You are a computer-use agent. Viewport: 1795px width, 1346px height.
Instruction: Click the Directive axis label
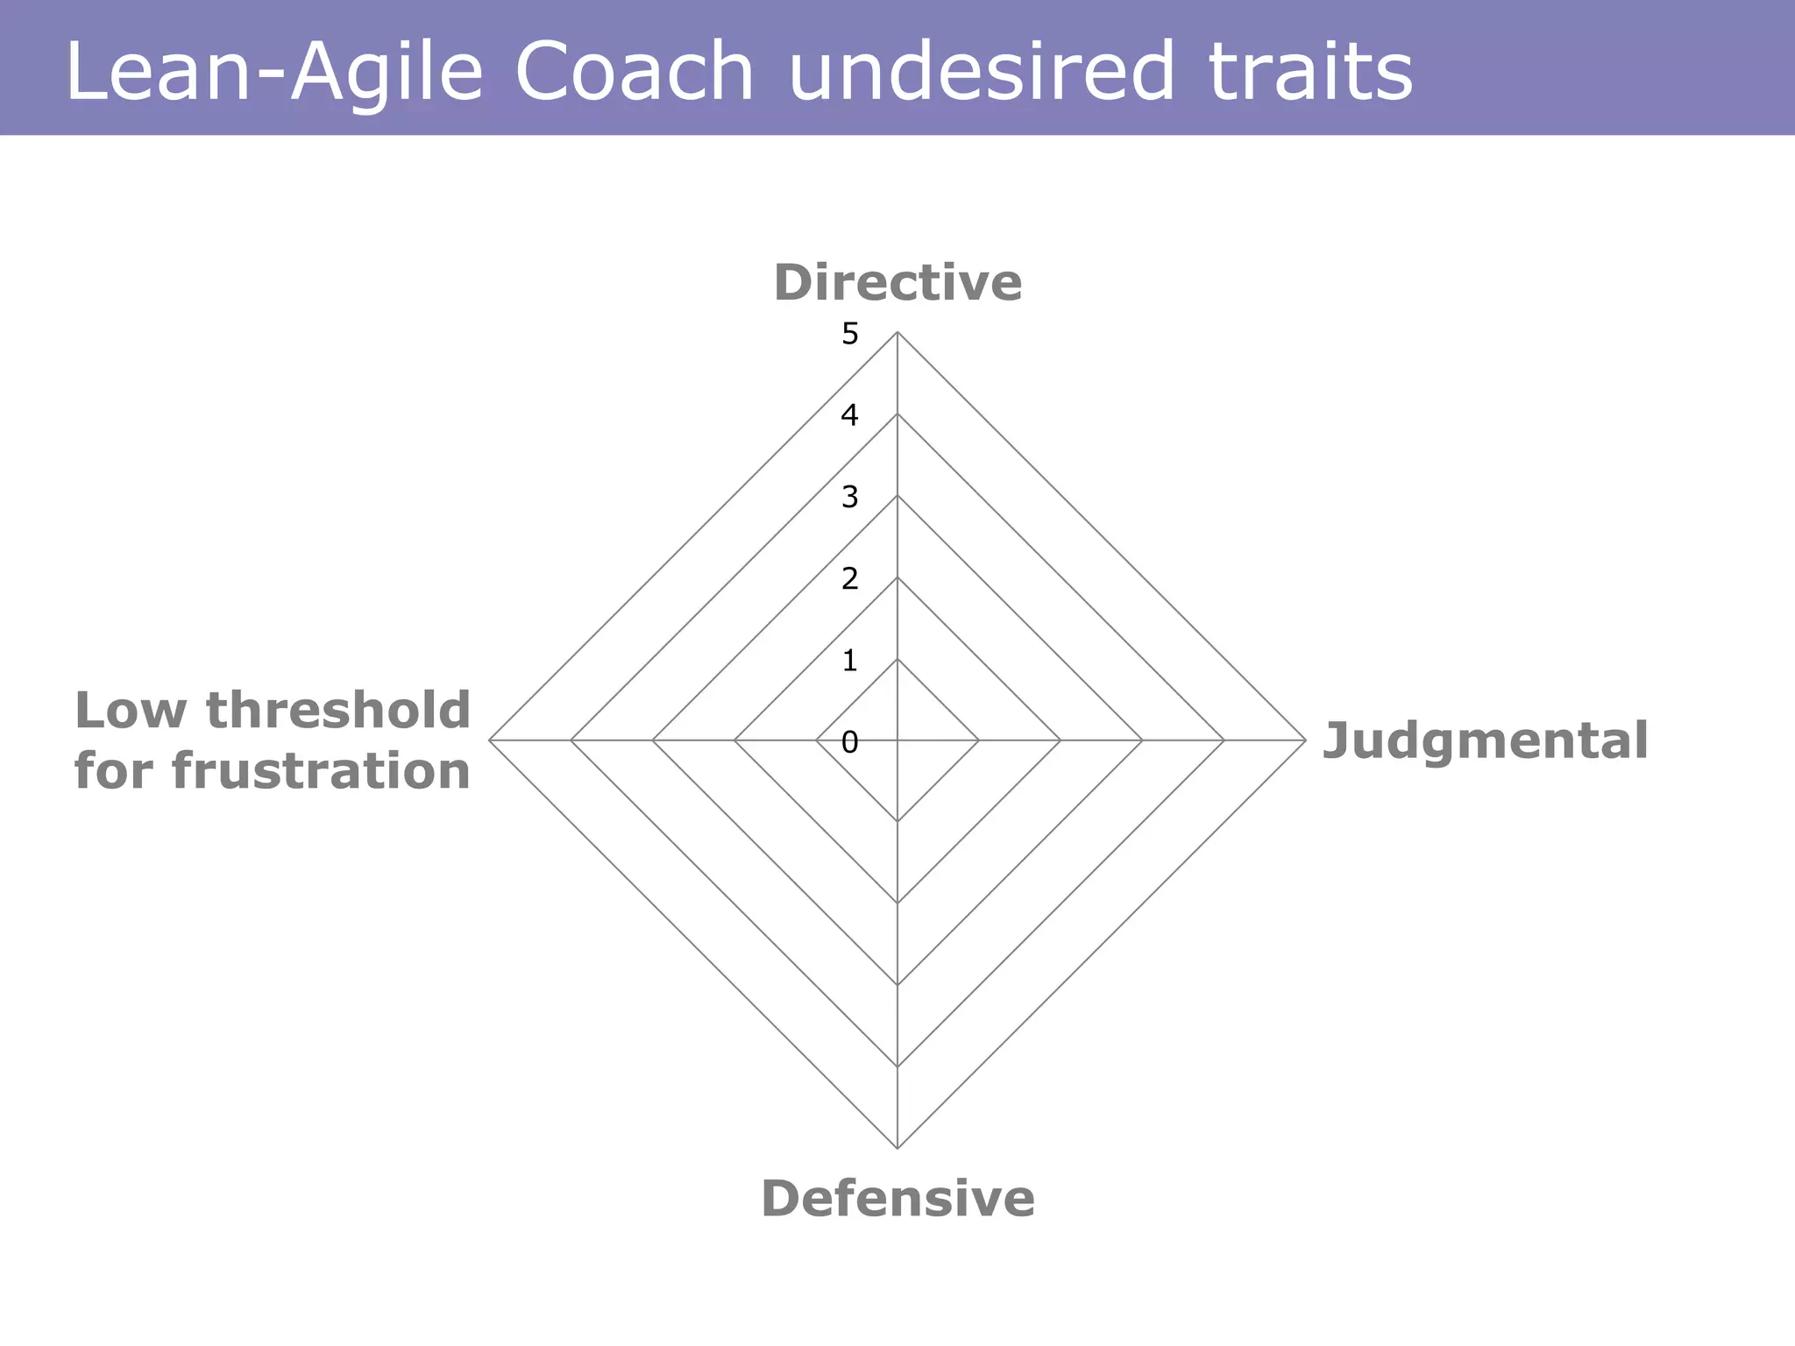point(897,283)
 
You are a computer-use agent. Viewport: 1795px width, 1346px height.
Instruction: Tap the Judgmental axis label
point(1485,740)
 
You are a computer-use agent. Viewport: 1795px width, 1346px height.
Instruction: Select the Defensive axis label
point(897,1198)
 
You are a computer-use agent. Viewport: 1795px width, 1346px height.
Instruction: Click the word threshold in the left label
point(338,710)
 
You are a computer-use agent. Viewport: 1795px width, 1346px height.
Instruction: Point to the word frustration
point(321,771)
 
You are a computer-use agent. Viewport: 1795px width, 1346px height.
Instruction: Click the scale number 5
point(849,334)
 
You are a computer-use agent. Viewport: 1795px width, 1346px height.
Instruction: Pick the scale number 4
point(849,415)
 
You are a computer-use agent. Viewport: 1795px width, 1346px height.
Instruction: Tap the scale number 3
point(849,498)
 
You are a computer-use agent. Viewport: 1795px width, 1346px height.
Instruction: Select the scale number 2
point(849,579)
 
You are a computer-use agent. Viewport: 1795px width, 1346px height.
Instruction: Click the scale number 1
point(849,661)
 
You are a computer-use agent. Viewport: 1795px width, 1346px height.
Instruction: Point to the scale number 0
point(849,743)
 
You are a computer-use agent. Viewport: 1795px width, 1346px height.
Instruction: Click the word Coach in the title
point(634,72)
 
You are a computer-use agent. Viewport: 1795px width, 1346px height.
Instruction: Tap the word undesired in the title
point(981,72)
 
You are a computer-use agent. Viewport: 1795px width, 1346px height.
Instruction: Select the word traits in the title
point(1309,72)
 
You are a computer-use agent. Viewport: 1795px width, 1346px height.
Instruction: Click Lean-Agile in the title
point(273,72)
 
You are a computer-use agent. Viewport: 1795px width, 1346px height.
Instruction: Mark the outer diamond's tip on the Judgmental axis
point(1305,740)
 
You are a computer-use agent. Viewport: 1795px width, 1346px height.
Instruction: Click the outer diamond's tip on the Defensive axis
point(897,1147)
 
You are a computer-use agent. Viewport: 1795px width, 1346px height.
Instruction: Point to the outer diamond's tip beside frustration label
point(490,740)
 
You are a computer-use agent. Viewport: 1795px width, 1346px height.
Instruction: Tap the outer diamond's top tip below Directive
point(897,333)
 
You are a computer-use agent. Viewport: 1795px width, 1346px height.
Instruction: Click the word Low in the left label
point(130,710)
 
